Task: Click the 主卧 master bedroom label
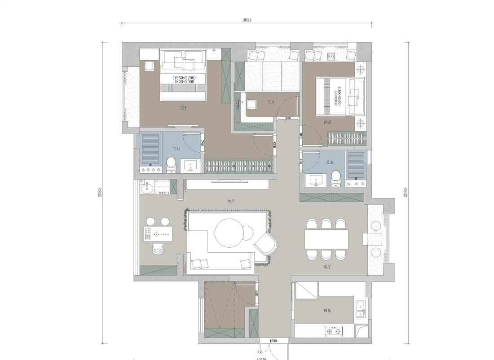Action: tap(182, 108)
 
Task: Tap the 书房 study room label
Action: tap(270, 102)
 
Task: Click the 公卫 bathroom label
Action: tap(330, 162)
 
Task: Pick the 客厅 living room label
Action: tap(231, 202)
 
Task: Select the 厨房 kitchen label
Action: tap(327, 310)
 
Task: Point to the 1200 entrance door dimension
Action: tap(273, 341)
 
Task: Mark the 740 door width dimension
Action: tap(203, 143)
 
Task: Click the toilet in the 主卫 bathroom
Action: tap(171, 165)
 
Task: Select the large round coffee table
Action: tap(230, 232)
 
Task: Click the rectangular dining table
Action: tap(326, 239)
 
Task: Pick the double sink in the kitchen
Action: tap(360, 309)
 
